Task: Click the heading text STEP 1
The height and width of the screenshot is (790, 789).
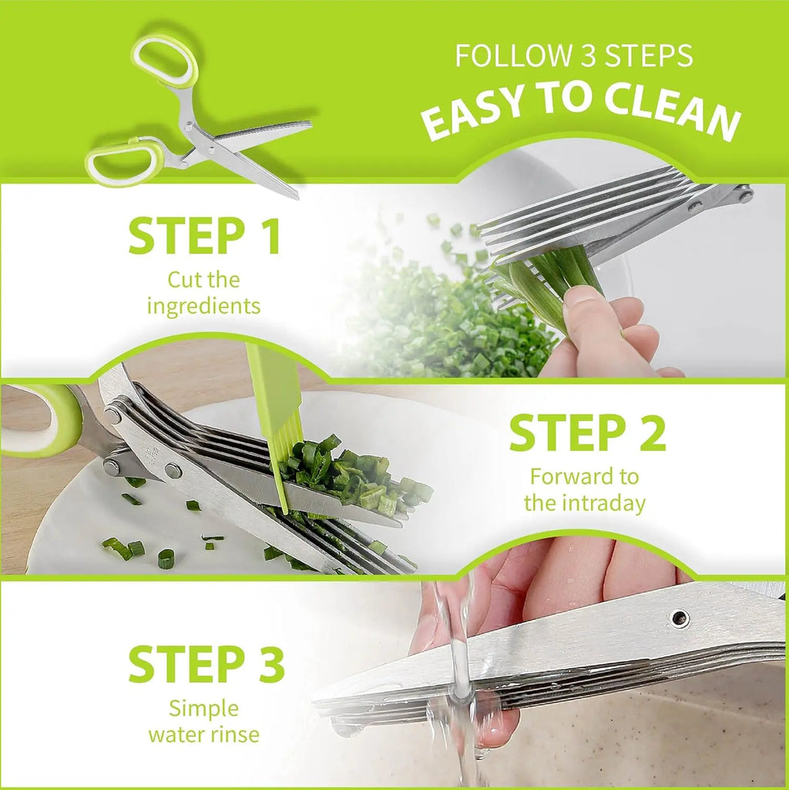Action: [205, 237]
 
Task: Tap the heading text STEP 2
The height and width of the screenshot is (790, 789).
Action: [587, 433]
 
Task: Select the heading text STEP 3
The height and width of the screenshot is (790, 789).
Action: [206, 664]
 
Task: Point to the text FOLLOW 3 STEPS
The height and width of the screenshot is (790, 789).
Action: [573, 56]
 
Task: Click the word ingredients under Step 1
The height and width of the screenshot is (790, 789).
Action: [203, 306]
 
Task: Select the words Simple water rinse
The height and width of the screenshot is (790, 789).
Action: [203, 721]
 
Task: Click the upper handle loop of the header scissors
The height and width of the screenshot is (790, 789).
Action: [164, 61]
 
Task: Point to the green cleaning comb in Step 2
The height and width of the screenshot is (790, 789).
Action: [274, 408]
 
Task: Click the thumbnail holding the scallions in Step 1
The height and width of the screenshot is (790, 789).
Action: [583, 298]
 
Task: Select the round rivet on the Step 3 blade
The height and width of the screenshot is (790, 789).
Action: [679, 617]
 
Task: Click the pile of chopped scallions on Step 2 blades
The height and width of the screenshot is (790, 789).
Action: [351, 474]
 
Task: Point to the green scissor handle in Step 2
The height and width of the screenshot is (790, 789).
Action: [46, 420]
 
